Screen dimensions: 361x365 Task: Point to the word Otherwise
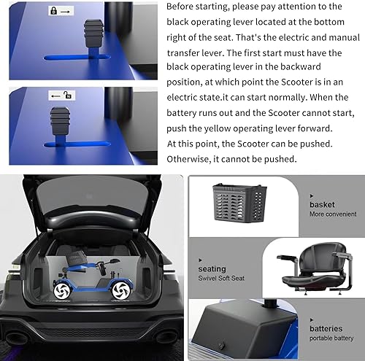pos(194,159)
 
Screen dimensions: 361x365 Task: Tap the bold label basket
pos(322,205)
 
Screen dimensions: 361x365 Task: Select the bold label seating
pos(212,268)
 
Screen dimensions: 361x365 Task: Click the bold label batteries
pos(326,328)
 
